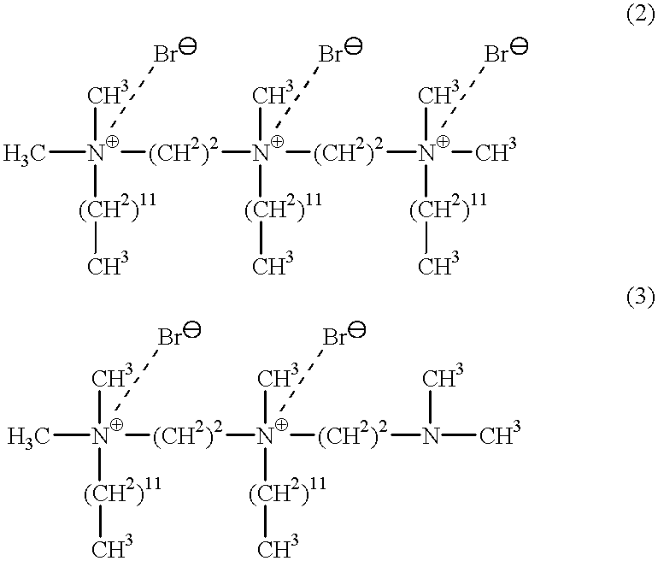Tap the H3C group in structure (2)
click(x=25, y=155)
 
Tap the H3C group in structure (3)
click(x=29, y=437)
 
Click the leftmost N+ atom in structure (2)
click(x=97, y=154)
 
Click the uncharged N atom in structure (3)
click(x=431, y=437)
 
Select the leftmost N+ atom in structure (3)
click(x=101, y=437)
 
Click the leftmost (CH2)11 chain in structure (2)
click(x=114, y=209)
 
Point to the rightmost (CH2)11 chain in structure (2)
click(x=444, y=209)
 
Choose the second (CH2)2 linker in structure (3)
click(x=350, y=437)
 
